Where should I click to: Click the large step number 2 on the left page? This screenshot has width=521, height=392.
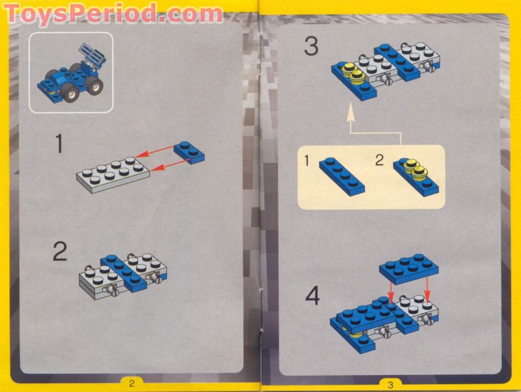coord(59,252)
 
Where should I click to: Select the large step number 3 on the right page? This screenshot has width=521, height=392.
coord(311,47)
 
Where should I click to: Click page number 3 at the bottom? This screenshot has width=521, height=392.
coord(390,384)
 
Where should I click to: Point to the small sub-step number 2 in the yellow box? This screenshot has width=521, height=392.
coord(379,160)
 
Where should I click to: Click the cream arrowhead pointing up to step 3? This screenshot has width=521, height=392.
coord(349,115)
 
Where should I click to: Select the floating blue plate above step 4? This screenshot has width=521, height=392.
coord(409,268)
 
